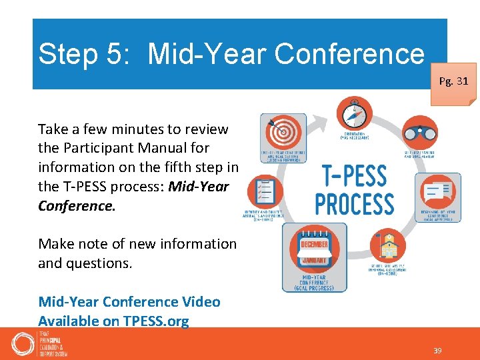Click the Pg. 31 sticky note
(x=453, y=83)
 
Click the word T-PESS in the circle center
(x=354, y=176)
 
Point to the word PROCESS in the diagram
(x=354, y=203)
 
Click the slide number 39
(x=438, y=351)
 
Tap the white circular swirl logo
(x=23, y=343)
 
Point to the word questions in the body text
(x=98, y=263)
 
